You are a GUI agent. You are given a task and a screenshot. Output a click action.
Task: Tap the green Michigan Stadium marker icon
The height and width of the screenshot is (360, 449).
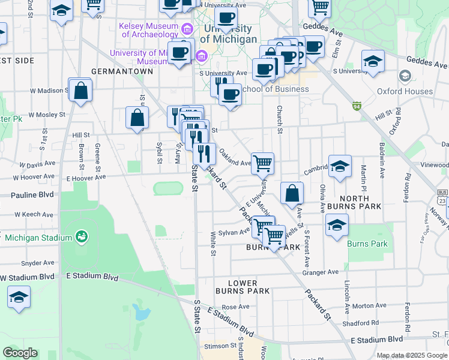[x=81, y=238]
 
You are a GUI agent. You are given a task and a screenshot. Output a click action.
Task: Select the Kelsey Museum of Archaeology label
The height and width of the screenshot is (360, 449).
[x=149, y=30]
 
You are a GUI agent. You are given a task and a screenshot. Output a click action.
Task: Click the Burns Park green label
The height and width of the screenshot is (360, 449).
[x=367, y=244]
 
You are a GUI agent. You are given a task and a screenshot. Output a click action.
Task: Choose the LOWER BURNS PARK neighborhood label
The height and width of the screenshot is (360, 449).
[x=243, y=287]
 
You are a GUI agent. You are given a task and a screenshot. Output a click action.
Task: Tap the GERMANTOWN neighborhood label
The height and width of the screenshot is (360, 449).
[x=122, y=71]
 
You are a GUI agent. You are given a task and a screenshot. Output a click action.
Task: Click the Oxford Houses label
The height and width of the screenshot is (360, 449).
[x=405, y=92]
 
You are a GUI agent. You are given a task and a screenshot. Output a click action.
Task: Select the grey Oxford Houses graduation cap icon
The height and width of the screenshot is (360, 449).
[x=405, y=76]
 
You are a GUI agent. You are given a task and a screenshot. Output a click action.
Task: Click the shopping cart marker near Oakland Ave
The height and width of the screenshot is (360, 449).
[x=262, y=163]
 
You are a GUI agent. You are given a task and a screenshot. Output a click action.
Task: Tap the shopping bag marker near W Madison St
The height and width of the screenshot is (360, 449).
[x=80, y=91]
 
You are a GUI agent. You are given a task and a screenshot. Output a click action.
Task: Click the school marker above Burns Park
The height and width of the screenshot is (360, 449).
[x=337, y=226]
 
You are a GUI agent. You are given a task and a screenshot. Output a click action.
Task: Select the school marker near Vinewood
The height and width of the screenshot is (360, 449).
[x=340, y=167]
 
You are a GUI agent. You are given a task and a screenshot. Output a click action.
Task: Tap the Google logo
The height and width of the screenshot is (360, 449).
[x=20, y=353]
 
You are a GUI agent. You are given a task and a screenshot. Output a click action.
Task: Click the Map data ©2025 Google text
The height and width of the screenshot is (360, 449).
[x=412, y=355]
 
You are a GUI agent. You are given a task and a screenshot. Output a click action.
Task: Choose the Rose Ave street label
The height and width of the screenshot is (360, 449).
[x=235, y=307]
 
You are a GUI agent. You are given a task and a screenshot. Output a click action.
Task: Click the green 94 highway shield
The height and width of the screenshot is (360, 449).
[x=357, y=106]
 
